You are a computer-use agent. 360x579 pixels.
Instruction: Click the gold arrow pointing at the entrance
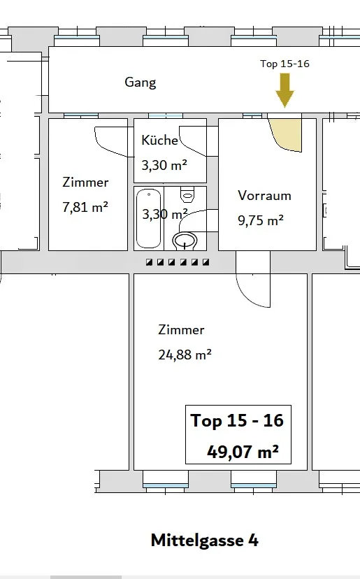point(285,90)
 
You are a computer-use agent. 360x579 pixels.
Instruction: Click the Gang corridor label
point(141,83)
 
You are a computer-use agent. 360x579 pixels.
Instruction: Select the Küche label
point(160,140)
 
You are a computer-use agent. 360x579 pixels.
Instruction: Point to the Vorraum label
point(264,195)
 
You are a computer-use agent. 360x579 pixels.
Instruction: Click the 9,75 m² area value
point(261,220)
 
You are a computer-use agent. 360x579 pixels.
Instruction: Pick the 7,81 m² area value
point(85,207)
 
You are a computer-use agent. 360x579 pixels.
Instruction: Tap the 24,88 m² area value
point(185,355)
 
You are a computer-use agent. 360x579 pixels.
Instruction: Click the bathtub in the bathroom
point(149,218)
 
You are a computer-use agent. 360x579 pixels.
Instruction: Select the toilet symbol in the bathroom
point(187,194)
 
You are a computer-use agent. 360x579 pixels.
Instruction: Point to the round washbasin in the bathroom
point(185,241)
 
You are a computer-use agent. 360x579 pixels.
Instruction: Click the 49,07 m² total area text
point(243,451)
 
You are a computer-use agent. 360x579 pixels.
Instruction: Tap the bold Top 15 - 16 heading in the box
point(237,420)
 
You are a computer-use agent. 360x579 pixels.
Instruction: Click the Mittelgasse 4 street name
point(205,541)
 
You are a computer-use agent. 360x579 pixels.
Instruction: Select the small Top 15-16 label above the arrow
point(285,64)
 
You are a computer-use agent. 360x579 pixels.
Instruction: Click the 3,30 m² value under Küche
point(164,165)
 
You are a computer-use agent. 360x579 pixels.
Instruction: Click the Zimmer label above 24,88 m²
point(181,330)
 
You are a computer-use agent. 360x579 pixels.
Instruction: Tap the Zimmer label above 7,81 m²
point(85,182)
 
